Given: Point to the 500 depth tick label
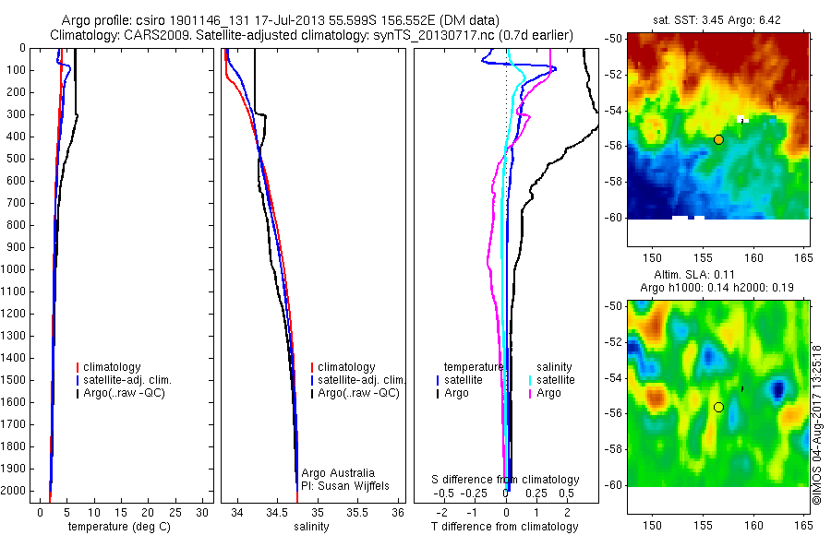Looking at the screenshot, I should click(15, 159).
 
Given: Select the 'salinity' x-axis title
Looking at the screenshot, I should click(310, 527).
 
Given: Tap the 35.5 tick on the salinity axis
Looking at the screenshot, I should click(357, 511).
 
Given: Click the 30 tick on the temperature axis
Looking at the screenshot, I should click(204, 511).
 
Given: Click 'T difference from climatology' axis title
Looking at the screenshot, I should click(505, 527).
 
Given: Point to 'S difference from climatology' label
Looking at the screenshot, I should click(505, 480).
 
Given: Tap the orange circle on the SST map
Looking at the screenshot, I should click(718, 139).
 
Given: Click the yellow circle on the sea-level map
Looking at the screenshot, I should click(717, 407).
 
